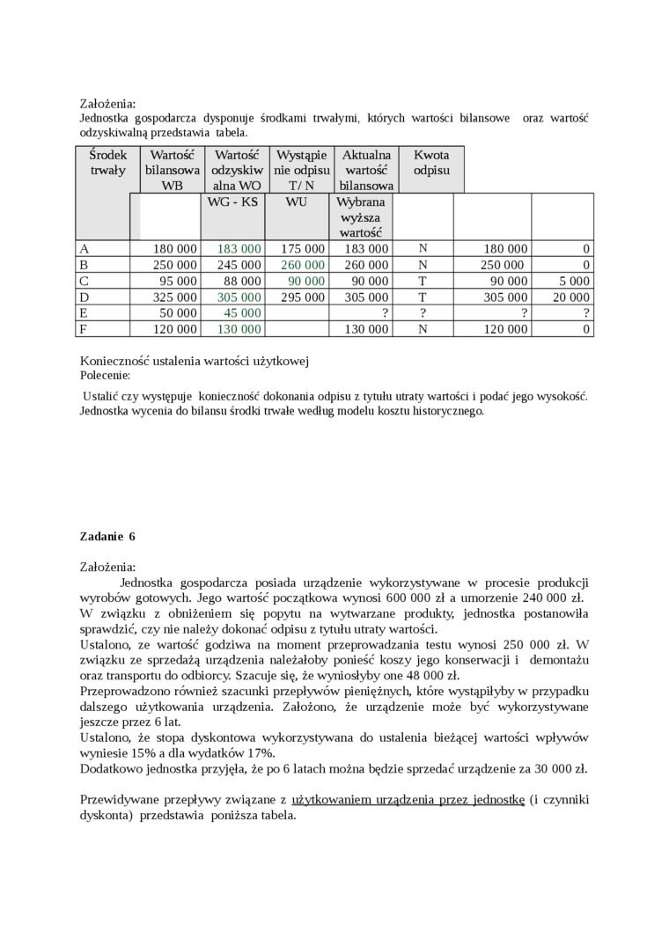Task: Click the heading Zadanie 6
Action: pos(107,536)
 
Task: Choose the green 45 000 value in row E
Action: pos(243,313)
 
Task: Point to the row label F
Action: pos(84,329)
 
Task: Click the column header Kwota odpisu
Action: pos(431,162)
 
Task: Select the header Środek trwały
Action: pos(107,162)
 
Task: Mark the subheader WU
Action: pos(297,202)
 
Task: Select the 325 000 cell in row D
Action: pos(174,297)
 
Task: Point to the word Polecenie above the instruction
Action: pos(104,375)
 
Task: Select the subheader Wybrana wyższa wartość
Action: pos(361,217)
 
